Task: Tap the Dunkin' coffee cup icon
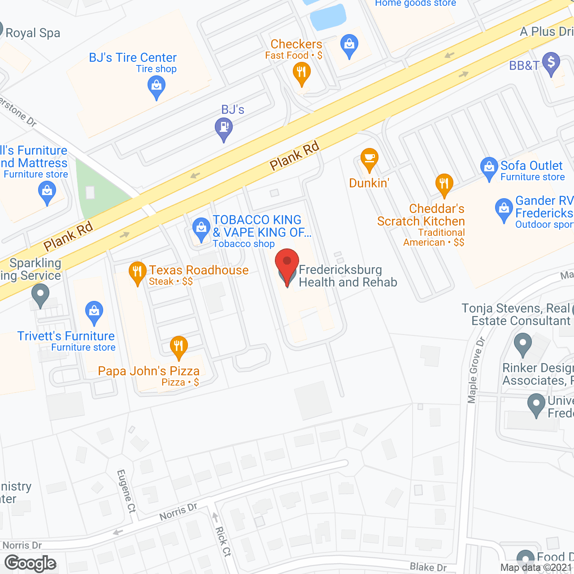pos(370,159)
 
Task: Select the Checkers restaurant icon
pos(301,73)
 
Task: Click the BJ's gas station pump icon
pos(224,128)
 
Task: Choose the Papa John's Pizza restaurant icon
pos(179,347)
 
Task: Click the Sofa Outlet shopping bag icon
pos(489,168)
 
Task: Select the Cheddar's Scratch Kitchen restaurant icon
pos(444,184)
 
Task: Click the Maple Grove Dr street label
pos(476,370)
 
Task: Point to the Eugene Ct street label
pos(126,491)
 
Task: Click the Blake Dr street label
pos(428,567)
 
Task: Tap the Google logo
pos(30,563)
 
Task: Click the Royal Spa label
pos(33,33)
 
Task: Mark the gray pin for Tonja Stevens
pos(522,344)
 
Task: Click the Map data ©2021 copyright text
pos(536,568)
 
